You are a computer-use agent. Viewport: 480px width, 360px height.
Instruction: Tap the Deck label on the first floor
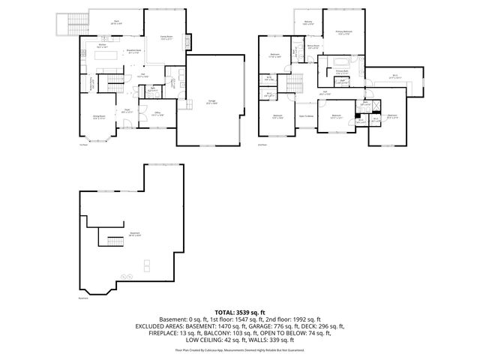tap(116, 22)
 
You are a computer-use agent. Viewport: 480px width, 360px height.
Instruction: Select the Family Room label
tap(167, 37)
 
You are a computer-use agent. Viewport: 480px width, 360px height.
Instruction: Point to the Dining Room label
tap(98, 118)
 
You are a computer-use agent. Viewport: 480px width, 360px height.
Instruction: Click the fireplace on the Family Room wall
tap(187, 39)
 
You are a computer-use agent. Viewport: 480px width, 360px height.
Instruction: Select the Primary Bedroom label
tap(345, 32)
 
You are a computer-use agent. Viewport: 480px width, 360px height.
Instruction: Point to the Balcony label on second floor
tap(307, 24)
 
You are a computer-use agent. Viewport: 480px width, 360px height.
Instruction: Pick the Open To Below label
tap(306, 116)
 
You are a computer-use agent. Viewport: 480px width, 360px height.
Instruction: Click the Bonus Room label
tap(313, 46)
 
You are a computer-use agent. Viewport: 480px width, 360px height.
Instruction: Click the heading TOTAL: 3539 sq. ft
tap(240, 310)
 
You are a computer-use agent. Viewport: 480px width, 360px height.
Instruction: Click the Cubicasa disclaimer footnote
tap(240, 349)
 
